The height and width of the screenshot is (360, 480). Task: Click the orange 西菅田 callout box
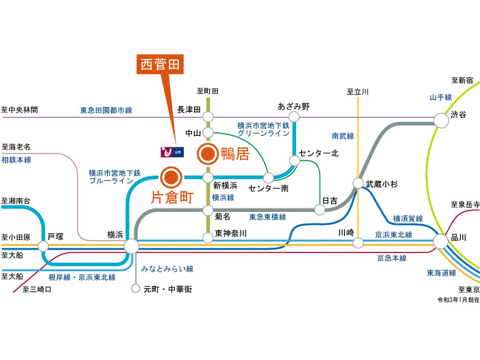pos(159,64)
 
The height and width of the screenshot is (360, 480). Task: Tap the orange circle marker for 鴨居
pos(208,155)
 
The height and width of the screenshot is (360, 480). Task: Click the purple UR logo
pos(171,150)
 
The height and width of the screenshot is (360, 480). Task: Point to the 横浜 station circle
pos(131,245)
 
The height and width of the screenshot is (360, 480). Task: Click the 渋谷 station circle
pos(440,121)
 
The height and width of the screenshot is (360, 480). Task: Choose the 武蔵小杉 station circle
pos(358,184)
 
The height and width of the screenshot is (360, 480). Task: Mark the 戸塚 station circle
pos(45,245)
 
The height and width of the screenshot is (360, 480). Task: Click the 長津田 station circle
pos(208,117)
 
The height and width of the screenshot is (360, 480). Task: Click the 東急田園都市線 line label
pos(106,110)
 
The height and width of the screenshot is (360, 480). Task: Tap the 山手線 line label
pos(440,98)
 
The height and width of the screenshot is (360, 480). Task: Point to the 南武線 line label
pos(342,136)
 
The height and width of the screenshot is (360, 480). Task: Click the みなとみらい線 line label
pos(167,269)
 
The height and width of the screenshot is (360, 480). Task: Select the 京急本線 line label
pos(392,258)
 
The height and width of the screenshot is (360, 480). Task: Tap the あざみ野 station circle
pos(294,117)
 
